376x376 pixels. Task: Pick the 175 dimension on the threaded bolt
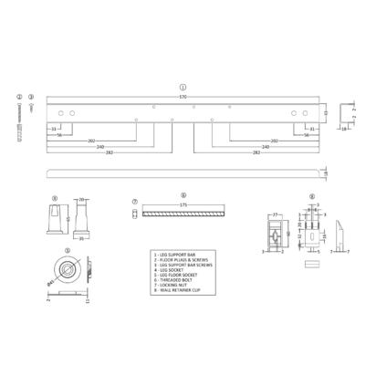(183, 206)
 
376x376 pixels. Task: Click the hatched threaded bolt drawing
(184, 214)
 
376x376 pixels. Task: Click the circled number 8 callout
(311, 196)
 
